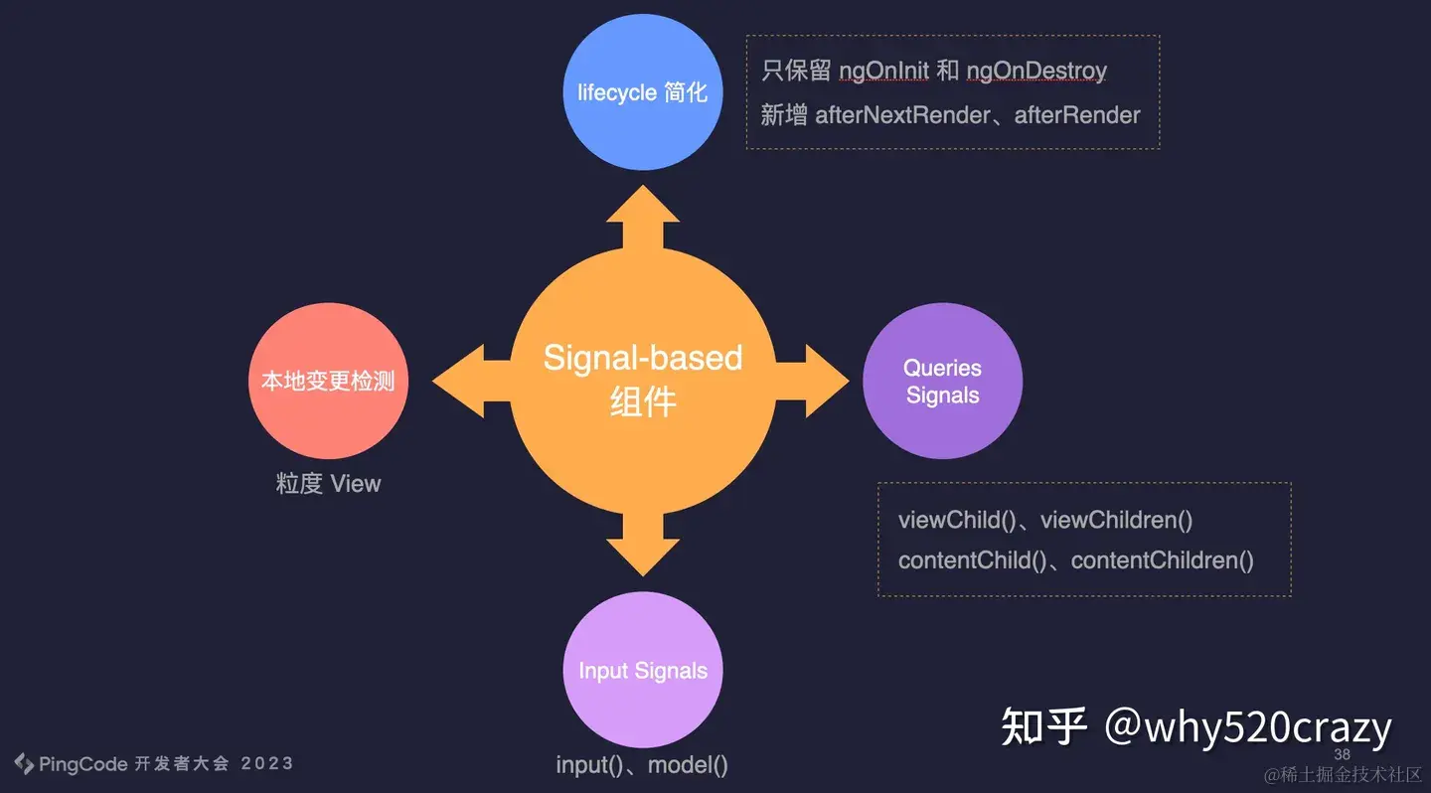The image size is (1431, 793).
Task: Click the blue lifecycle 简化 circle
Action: pyautogui.click(x=642, y=92)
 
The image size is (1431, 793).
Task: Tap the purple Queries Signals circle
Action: pyautogui.click(x=942, y=382)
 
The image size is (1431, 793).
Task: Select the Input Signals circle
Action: pyautogui.click(x=643, y=671)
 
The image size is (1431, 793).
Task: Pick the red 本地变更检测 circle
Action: pyautogui.click(x=328, y=382)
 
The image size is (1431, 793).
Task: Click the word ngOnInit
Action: pyautogui.click(x=883, y=72)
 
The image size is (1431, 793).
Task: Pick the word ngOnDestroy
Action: pyautogui.click(x=1036, y=72)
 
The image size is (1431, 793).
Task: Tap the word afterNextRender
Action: pyautogui.click(x=902, y=115)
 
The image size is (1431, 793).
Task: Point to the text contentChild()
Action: pyautogui.click(x=972, y=560)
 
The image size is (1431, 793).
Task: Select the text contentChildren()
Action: pyautogui.click(x=1162, y=560)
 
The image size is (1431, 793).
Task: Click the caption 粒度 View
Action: pyautogui.click(x=328, y=484)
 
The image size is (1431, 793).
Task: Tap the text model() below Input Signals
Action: pyautogui.click(x=692, y=765)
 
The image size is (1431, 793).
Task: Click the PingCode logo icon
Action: pyautogui.click(x=25, y=763)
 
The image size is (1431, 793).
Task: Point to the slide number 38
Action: pyautogui.click(x=1342, y=754)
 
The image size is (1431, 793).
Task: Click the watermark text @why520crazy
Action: pyautogui.click(x=1248, y=727)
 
